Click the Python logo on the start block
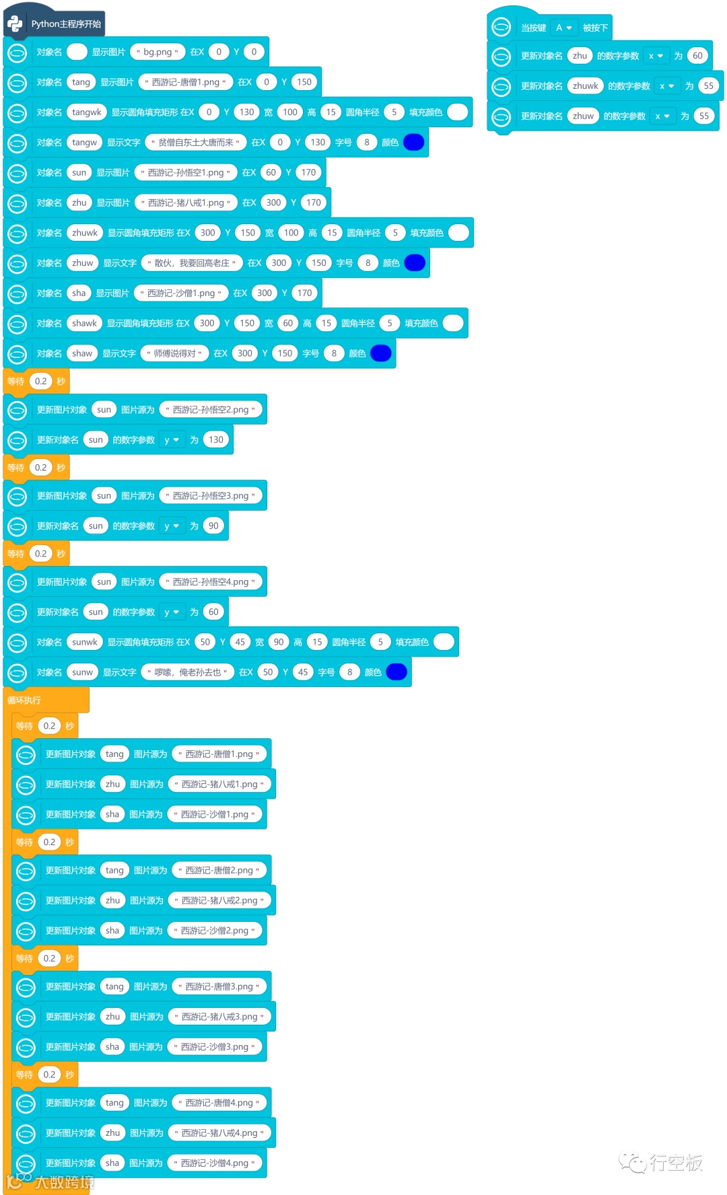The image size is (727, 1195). pyautogui.click(x=15, y=24)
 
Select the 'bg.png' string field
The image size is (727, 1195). pyautogui.click(x=158, y=52)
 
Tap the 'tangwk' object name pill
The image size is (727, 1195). pyautogui.click(x=87, y=112)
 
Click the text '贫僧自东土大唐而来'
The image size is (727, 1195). pyautogui.click(x=195, y=143)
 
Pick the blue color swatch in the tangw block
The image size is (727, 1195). pyautogui.click(x=413, y=143)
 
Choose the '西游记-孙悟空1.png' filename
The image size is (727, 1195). pyautogui.click(x=186, y=173)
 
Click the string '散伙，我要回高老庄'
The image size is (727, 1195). pyautogui.click(x=191, y=263)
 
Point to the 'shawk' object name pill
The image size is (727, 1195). pyautogui.click(x=84, y=324)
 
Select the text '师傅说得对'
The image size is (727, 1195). pyautogui.click(x=174, y=354)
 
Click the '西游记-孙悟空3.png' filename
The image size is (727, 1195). pyautogui.click(x=210, y=496)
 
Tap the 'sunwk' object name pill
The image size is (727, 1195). pyautogui.click(x=84, y=643)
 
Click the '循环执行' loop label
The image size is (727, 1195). pyautogui.click(x=24, y=700)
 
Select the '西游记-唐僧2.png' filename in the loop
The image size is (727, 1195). pyautogui.click(x=219, y=871)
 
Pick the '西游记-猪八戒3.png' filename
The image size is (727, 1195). pyautogui.click(x=219, y=1017)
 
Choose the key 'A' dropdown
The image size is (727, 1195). pyautogui.click(x=563, y=28)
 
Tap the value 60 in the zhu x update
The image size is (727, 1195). pyautogui.click(x=697, y=56)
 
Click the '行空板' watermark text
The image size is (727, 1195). pyautogui.click(x=676, y=1163)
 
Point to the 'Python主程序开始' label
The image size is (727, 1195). pyautogui.click(x=66, y=24)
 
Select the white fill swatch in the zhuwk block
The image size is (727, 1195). pyautogui.click(x=458, y=233)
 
